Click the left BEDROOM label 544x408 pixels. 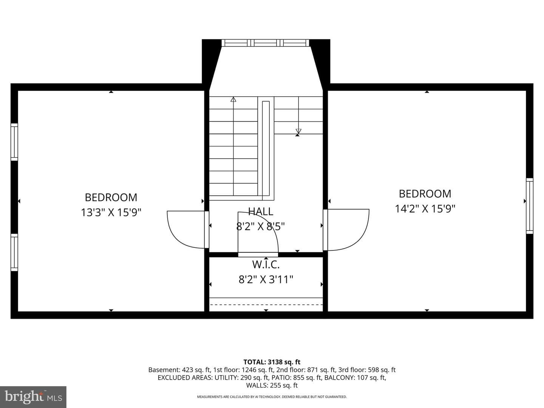point(111,198)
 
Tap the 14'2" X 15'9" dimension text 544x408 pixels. point(425,209)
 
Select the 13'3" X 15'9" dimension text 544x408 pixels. point(111,212)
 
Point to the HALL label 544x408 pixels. point(261,211)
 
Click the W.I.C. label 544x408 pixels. point(266,264)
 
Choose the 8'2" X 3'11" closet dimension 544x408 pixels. point(266,280)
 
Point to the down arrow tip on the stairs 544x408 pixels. point(298,133)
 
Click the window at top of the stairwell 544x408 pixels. point(266,43)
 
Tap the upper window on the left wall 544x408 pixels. point(14,142)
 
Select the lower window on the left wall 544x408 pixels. point(14,252)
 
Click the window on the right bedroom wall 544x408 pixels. point(530,206)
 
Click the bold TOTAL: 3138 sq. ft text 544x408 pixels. point(272,362)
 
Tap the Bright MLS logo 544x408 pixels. point(33,397)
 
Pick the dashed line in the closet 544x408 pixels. point(266,304)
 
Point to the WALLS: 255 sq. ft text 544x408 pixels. point(272,385)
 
